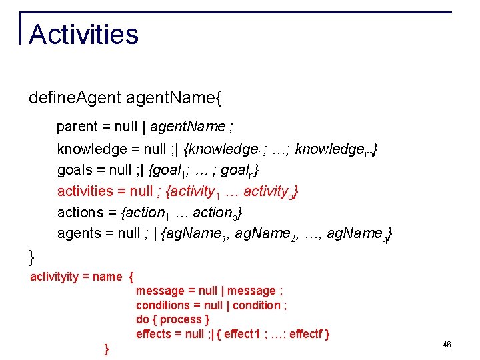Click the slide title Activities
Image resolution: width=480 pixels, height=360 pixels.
point(83,35)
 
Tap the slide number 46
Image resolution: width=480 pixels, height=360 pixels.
point(447,345)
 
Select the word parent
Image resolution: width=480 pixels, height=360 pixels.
point(77,127)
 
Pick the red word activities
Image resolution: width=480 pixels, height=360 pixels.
point(85,191)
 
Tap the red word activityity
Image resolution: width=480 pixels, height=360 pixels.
point(54,277)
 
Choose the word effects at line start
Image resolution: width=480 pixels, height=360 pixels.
point(153,334)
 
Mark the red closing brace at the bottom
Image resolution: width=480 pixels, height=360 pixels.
point(107,349)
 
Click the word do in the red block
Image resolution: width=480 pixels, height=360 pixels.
point(143,319)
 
